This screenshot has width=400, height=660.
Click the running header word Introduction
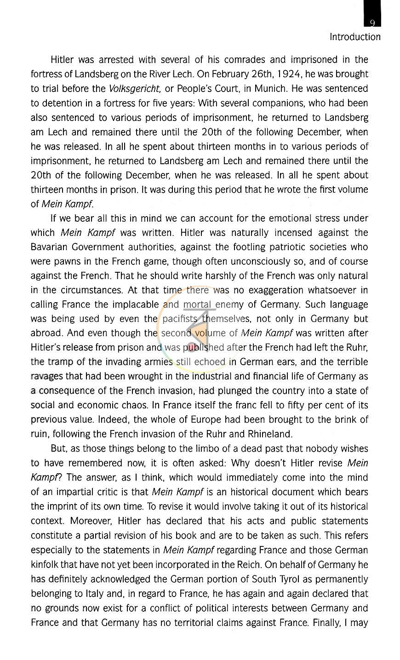click(355, 37)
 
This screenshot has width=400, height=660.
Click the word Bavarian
click(49, 247)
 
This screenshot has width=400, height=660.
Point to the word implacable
click(137, 304)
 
